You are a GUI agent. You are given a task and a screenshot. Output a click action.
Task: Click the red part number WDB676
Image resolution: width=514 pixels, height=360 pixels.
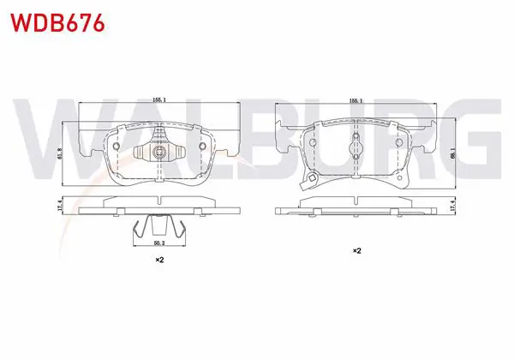(57, 22)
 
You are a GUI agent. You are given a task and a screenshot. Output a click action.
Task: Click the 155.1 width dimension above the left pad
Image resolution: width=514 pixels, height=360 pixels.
(159, 100)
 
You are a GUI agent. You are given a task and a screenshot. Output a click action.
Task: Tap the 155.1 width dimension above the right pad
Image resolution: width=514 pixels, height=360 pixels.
(356, 101)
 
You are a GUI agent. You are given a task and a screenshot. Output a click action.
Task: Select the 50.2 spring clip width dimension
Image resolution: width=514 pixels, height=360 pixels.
(159, 243)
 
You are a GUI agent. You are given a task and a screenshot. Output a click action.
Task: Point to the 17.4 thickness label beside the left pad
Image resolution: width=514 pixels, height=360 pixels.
(59, 206)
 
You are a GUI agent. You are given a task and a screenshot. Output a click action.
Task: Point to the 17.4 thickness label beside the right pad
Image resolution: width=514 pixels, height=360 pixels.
(453, 206)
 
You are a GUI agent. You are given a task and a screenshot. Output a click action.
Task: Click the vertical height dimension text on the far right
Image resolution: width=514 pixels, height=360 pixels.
(452, 153)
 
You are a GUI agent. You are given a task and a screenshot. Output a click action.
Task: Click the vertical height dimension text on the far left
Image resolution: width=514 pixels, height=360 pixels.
(59, 153)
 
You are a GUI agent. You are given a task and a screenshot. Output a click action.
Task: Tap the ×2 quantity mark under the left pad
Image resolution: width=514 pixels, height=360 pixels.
(159, 260)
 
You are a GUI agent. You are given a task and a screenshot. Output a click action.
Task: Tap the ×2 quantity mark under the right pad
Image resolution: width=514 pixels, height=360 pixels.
(356, 251)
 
